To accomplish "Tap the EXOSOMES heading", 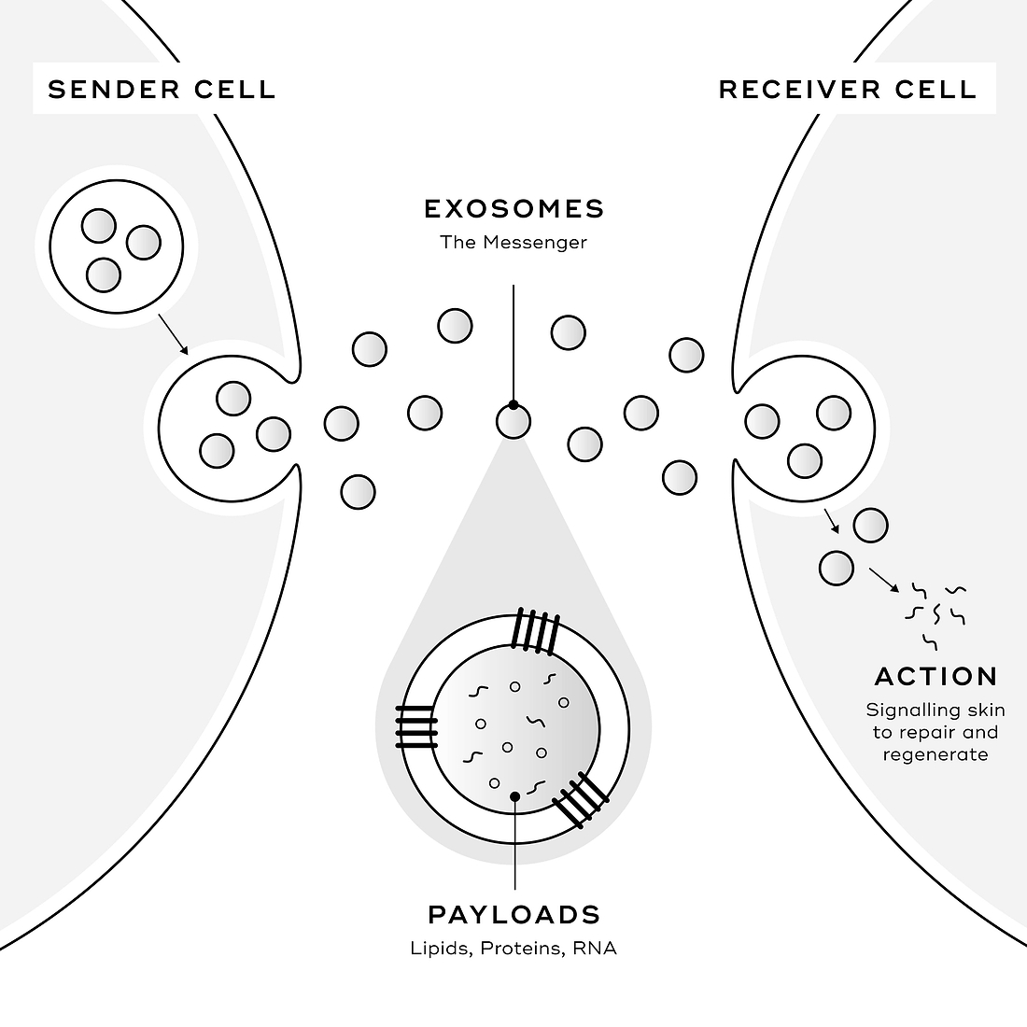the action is [x=514, y=209].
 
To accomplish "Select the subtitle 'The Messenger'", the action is [x=513, y=243].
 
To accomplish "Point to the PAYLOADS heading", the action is [x=514, y=914].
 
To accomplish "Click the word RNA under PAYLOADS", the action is [x=595, y=949].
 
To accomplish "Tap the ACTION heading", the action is [x=936, y=677].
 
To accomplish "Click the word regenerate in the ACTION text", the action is [x=936, y=755].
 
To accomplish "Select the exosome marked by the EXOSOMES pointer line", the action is [x=513, y=421].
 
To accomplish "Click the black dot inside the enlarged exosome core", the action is [x=514, y=796].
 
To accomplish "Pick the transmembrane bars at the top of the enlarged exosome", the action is [x=536, y=631].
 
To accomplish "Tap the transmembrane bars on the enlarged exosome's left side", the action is [x=416, y=727].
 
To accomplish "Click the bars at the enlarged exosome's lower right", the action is [x=581, y=800].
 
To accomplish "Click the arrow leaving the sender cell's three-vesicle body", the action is [x=174, y=334].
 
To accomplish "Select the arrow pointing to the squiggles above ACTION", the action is [x=884, y=581].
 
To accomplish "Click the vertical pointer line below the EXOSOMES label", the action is [x=513, y=345].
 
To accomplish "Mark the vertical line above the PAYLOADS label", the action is [x=514, y=843].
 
